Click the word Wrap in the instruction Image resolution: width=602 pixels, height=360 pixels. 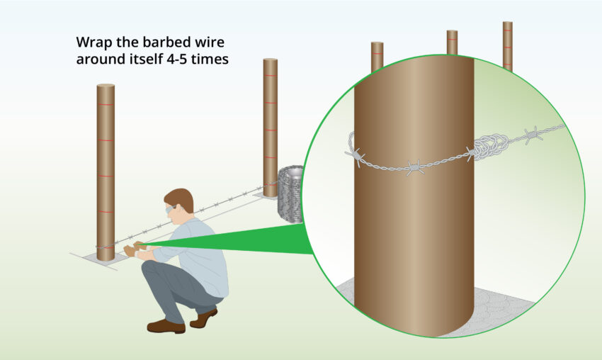(x=93, y=42)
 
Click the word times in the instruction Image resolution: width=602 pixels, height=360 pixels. (x=212, y=59)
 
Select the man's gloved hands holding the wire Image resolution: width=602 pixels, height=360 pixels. (x=134, y=249)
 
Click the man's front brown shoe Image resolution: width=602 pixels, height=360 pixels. (x=165, y=326)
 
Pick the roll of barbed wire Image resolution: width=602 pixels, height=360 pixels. (x=290, y=195)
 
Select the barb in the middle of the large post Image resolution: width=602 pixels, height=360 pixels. (x=415, y=168)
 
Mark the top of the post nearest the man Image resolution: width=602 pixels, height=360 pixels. (x=106, y=86)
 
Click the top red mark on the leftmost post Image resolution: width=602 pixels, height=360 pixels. (x=106, y=105)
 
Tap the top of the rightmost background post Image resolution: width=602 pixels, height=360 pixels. (x=507, y=23)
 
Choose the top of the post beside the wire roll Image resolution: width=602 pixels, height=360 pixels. (x=270, y=60)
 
